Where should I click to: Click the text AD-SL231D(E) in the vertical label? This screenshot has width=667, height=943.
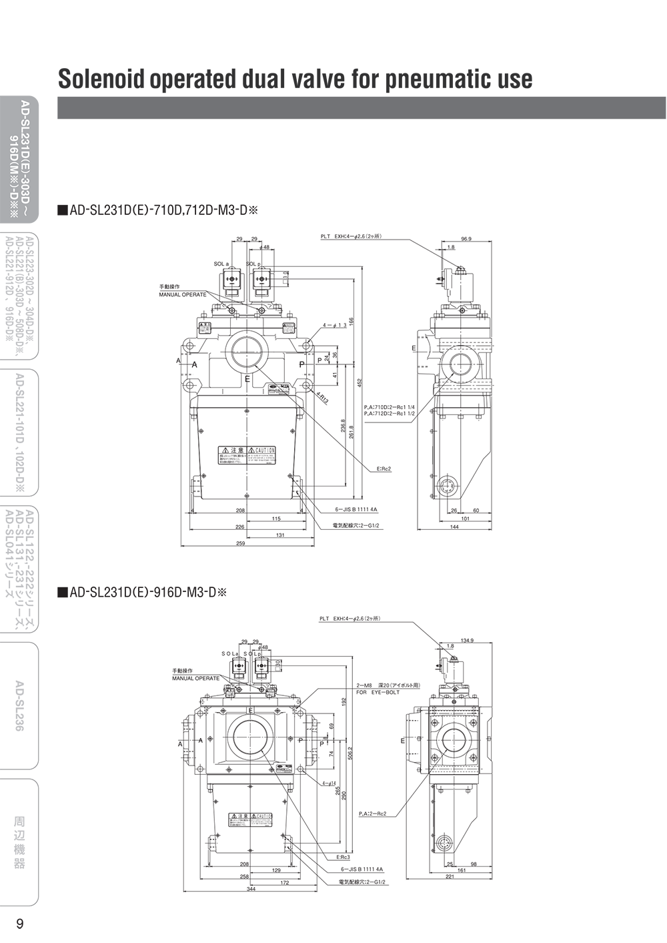click(x=25, y=136)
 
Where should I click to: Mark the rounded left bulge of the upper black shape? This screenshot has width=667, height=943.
click(x=63, y=207)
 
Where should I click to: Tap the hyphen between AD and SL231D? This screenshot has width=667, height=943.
click(x=25, y=115)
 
